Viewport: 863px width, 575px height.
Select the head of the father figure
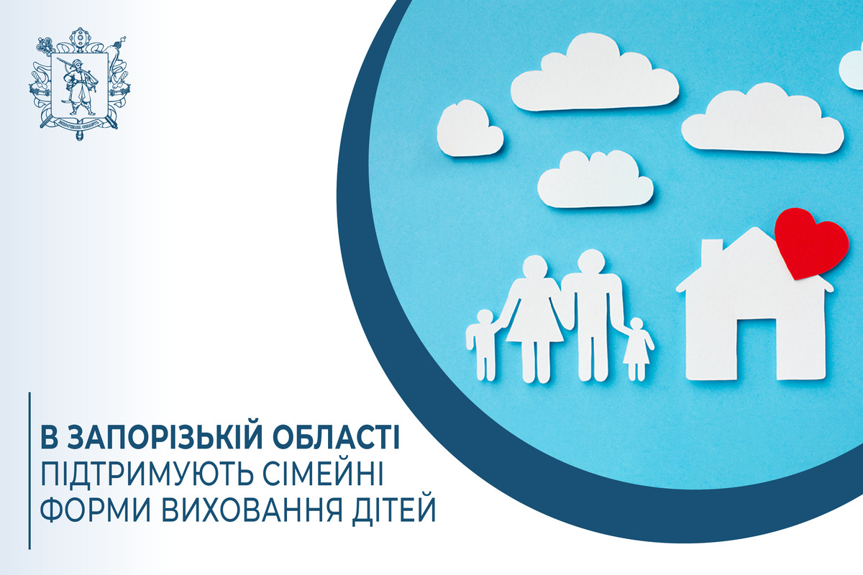coord(591,262)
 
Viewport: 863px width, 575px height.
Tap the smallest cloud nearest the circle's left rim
coord(470,129)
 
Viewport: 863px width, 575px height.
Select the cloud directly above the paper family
coord(595,179)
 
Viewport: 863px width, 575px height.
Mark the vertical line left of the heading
coord(29,471)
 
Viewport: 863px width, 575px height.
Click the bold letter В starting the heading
coord(50,436)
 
